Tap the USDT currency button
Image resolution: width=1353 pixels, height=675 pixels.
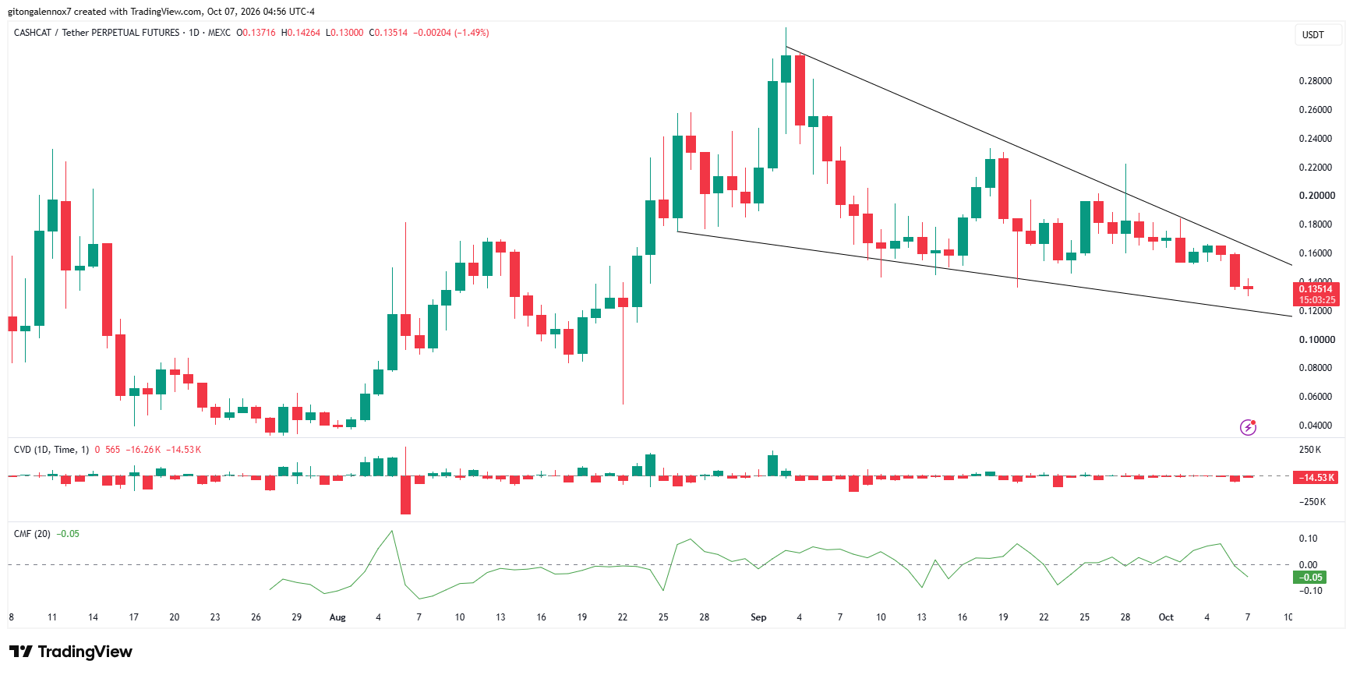click(1313, 35)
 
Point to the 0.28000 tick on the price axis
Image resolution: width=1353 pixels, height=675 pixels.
click(1316, 81)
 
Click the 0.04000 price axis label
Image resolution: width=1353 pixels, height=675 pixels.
click(1316, 426)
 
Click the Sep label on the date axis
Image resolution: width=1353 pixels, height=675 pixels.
click(758, 617)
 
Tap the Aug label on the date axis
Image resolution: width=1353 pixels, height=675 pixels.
click(337, 617)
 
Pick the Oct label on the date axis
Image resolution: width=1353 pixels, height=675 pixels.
click(1166, 617)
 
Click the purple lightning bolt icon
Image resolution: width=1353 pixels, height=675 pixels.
click(1249, 427)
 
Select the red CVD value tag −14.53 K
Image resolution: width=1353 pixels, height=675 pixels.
click(1316, 478)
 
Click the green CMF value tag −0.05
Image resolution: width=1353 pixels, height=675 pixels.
click(1309, 578)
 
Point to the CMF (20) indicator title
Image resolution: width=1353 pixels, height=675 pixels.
click(32, 534)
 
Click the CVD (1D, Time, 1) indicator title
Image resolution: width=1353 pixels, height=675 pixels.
click(51, 450)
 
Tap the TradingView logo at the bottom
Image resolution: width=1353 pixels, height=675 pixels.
click(71, 652)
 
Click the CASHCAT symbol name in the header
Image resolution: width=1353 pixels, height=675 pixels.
click(33, 33)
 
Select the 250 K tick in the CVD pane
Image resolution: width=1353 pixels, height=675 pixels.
click(1310, 450)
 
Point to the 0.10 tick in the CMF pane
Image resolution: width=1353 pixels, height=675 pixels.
click(1309, 539)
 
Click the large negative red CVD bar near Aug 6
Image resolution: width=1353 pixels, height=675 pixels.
click(405, 495)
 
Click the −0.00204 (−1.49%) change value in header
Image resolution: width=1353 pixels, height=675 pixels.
click(451, 33)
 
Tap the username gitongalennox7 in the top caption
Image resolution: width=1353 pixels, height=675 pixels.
click(40, 12)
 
